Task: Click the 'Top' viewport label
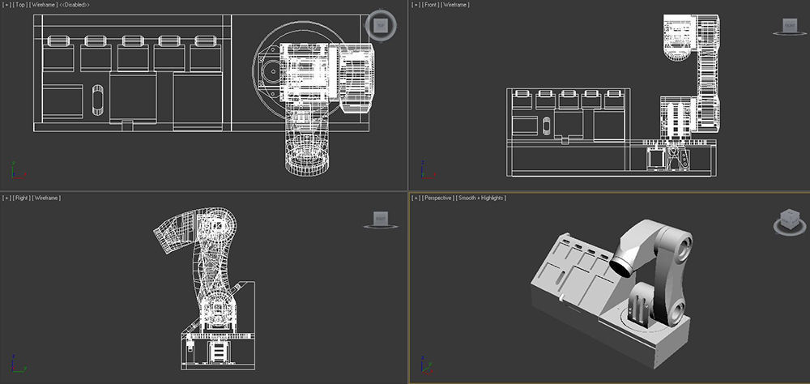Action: tap(20, 5)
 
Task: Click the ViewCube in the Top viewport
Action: tap(379, 24)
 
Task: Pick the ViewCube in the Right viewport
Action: tap(380, 219)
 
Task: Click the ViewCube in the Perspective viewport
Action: tap(787, 219)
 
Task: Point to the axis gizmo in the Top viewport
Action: tap(16, 172)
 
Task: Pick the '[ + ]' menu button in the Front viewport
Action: tap(416, 5)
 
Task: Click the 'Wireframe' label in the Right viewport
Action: tap(48, 198)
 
